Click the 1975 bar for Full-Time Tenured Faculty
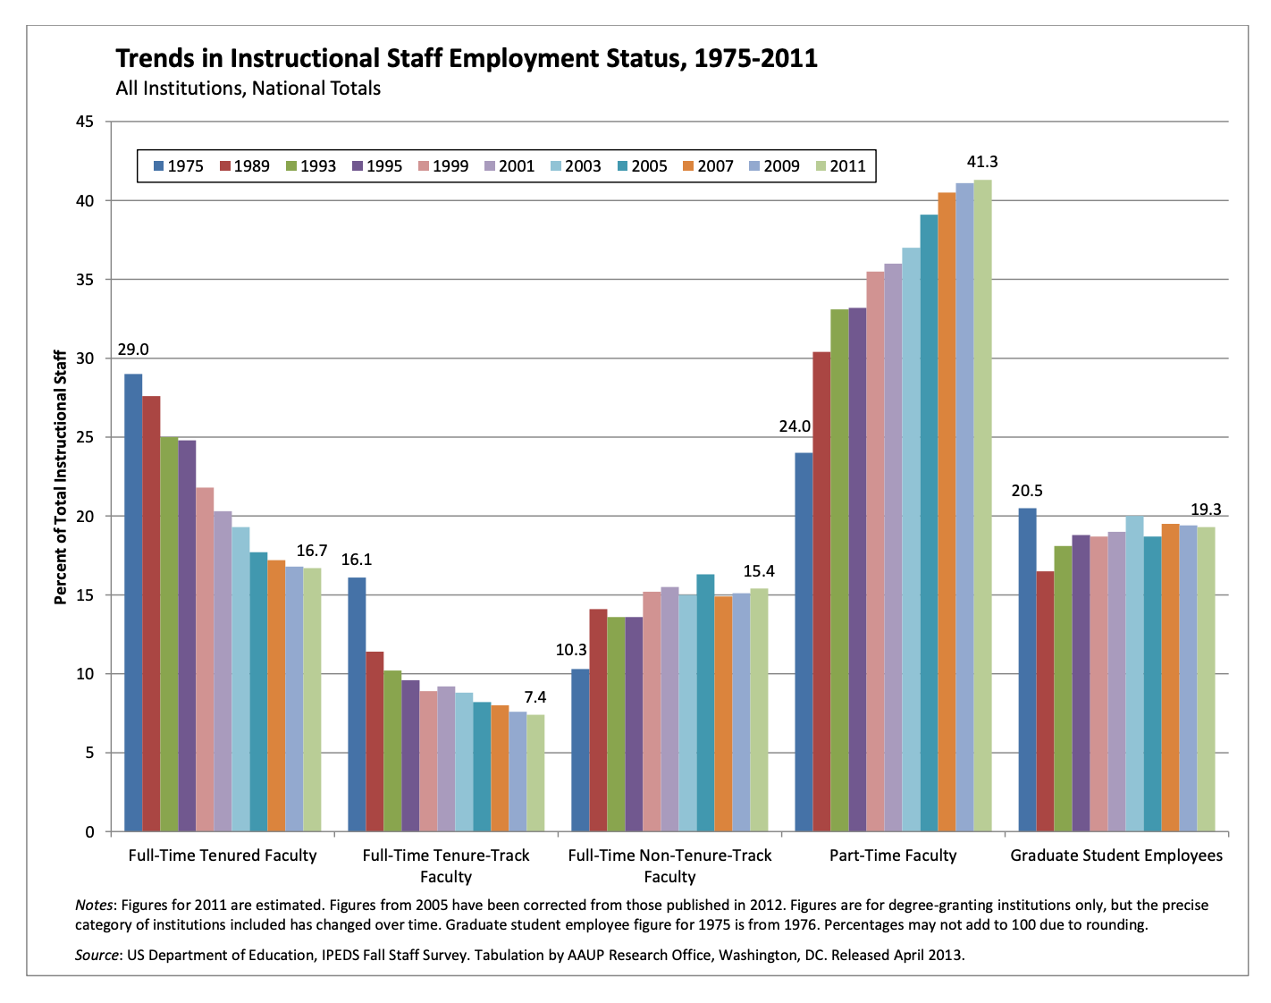[x=133, y=603]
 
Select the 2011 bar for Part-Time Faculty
[x=982, y=505]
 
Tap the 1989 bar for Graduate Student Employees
[x=1045, y=701]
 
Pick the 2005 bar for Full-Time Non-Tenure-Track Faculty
[x=705, y=703]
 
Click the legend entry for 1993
[x=309, y=166]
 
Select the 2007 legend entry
[x=707, y=166]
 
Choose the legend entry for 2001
[x=508, y=166]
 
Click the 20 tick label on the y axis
[x=85, y=517]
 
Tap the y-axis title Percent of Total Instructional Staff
[x=61, y=477]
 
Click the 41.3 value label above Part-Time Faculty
[x=982, y=162]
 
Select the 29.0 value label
[x=133, y=350]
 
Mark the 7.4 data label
[x=535, y=697]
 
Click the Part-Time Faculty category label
[x=893, y=855]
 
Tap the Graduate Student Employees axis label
[x=1116, y=855]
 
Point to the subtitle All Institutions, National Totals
[x=248, y=88]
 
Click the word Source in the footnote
[x=97, y=955]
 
